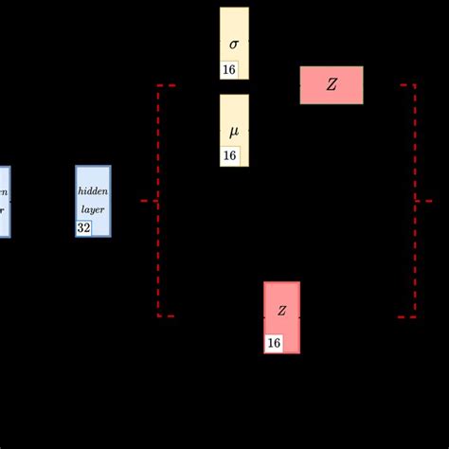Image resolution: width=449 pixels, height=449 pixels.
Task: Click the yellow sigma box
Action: coord(234,43)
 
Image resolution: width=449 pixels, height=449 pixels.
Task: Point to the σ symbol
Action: coord(234,44)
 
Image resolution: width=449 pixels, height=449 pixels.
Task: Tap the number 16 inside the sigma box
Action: coord(229,69)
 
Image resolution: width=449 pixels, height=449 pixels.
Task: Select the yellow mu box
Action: coord(234,130)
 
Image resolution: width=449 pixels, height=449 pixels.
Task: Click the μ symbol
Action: coord(234,130)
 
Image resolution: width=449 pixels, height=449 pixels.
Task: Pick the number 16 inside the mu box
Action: coord(229,156)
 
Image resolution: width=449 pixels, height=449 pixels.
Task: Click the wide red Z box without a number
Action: coord(332,85)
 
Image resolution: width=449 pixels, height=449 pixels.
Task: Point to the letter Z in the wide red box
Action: coord(332,85)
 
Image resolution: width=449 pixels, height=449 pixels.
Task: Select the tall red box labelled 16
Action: coord(281,317)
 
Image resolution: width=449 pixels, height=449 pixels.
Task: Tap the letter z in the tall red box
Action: coord(281,311)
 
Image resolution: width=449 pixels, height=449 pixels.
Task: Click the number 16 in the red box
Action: coord(274,343)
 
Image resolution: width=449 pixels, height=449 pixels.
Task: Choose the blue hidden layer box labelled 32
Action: coord(93,201)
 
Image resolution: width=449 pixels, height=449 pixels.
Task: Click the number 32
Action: coord(84,227)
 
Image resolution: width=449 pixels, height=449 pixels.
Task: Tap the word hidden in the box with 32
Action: coord(93,190)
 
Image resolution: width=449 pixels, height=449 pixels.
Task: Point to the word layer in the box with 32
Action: coord(93,208)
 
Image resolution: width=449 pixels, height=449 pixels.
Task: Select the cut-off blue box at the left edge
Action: coord(4,201)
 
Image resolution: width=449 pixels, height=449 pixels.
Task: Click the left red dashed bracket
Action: coord(158,201)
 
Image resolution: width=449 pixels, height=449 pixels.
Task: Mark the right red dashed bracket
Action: coord(414,201)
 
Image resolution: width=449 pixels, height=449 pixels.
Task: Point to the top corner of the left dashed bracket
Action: coord(159,86)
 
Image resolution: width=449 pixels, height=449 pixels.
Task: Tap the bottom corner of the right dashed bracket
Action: coord(413,315)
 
